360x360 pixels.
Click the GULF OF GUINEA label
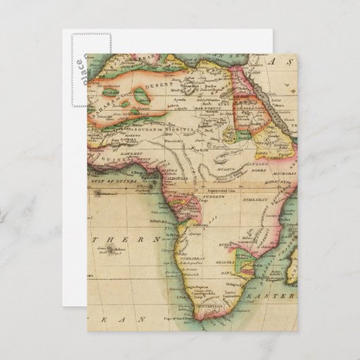pyautogui.click(x=115, y=181)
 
